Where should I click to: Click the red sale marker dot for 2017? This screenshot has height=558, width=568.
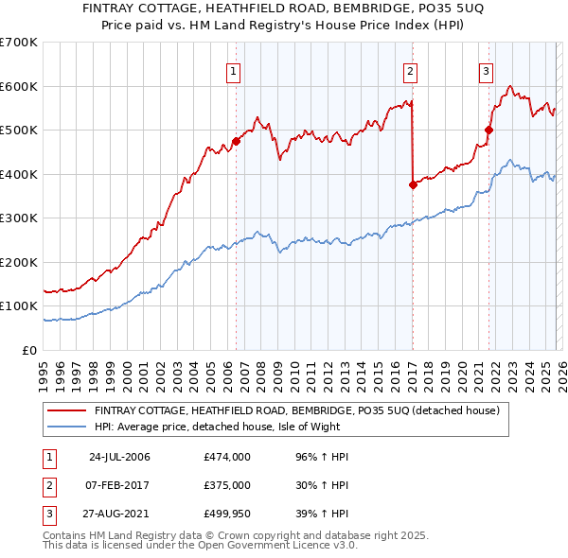(x=413, y=185)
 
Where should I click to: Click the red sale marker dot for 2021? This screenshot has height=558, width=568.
(x=489, y=131)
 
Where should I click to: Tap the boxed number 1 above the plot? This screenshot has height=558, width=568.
(x=233, y=70)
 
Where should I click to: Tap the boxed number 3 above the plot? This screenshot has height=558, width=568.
(x=486, y=70)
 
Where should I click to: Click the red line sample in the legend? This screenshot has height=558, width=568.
(x=66, y=411)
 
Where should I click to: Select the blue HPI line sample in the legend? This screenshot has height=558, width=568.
(x=66, y=427)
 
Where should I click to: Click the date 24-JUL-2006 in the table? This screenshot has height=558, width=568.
(x=119, y=457)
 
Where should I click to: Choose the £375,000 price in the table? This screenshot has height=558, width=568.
(x=227, y=485)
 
